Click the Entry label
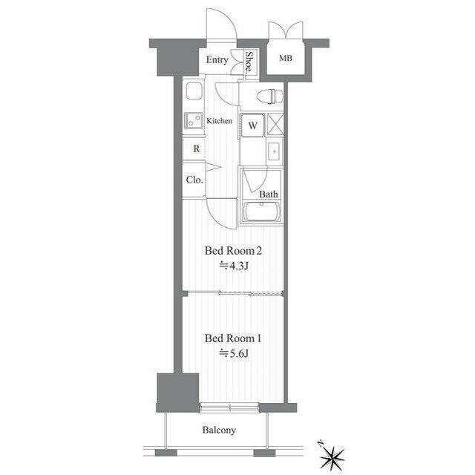(x=217, y=59)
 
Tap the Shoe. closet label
(x=249, y=62)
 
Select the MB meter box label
(x=286, y=58)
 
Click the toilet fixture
(x=269, y=96)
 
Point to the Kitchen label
(x=220, y=121)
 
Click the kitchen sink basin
(x=194, y=91)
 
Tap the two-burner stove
(x=194, y=120)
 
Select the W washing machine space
(x=252, y=125)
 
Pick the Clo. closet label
(x=194, y=180)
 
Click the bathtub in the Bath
(x=262, y=211)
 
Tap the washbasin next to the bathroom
(x=275, y=151)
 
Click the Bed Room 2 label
(x=233, y=251)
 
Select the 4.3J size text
(x=234, y=266)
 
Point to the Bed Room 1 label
(x=232, y=338)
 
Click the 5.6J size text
(x=234, y=353)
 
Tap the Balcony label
(x=219, y=430)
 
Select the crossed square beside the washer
(x=275, y=125)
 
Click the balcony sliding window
(x=229, y=407)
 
